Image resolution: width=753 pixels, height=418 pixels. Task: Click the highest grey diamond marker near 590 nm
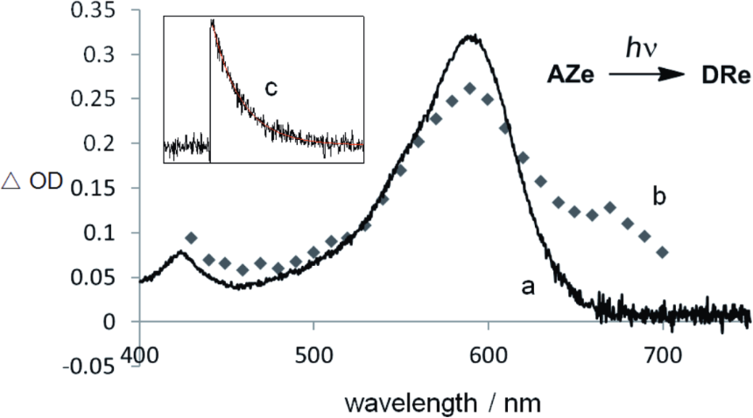coord(470,88)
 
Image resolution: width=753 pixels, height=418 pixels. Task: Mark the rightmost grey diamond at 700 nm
coord(662,252)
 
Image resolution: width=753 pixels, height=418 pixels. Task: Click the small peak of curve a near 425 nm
coord(180,253)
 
